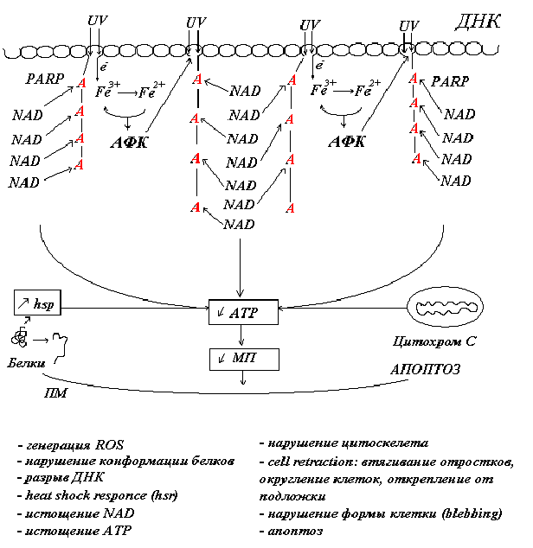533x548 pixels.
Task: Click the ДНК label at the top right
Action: coord(477,22)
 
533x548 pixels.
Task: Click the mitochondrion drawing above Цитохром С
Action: coord(441,306)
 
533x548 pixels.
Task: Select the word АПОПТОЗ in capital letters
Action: coord(424,369)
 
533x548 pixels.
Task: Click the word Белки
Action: coord(28,365)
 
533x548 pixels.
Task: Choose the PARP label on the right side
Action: coord(449,81)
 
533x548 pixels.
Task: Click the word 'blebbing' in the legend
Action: coord(471,513)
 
